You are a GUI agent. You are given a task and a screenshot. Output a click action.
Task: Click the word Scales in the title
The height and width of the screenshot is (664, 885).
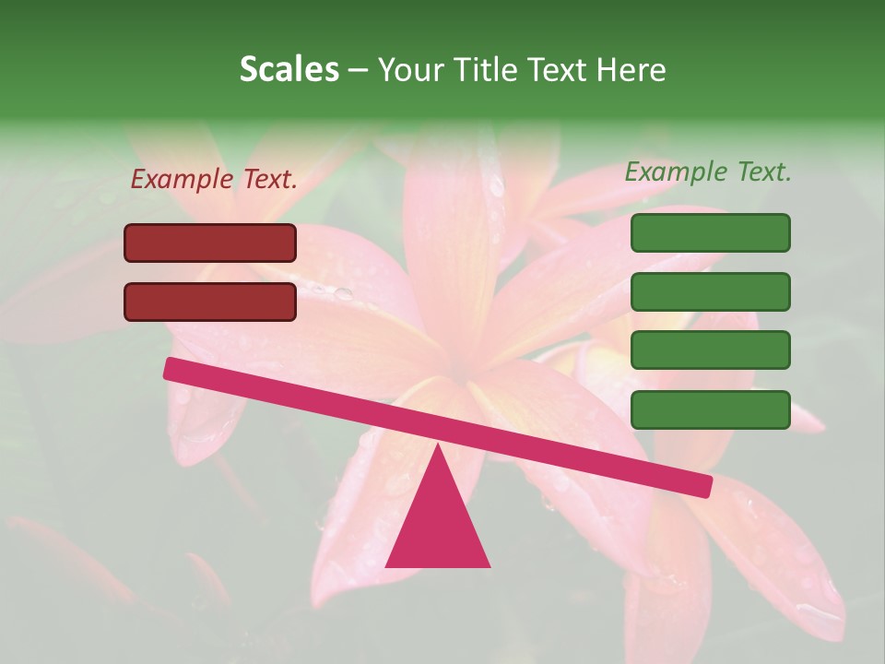coord(289,70)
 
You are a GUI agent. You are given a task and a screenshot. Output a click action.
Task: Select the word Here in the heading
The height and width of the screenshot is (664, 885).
coord(631,70)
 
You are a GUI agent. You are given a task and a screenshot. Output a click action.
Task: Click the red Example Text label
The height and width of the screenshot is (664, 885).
coord(214,179)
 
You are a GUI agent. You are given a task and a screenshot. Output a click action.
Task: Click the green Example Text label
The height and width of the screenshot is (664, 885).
coord(708,172)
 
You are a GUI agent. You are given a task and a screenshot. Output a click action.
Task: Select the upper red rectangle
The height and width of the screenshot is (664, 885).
coord(210,243)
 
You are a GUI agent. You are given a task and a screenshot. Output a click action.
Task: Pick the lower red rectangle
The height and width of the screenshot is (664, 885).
coord(210,302)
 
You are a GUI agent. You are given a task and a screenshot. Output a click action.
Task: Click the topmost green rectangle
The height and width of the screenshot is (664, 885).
coord(710,232)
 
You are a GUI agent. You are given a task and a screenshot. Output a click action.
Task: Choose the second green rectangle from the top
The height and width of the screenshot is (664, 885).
coord(710,291)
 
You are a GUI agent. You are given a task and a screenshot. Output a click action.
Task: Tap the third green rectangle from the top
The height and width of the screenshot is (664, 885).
coord(710,350)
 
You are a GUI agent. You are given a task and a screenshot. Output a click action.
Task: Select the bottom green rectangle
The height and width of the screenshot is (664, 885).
coord(710,409)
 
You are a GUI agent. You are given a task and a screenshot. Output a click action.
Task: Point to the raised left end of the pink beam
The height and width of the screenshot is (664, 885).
coord(171,369)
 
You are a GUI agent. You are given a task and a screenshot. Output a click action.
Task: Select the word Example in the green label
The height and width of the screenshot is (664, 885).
coord(677,172)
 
